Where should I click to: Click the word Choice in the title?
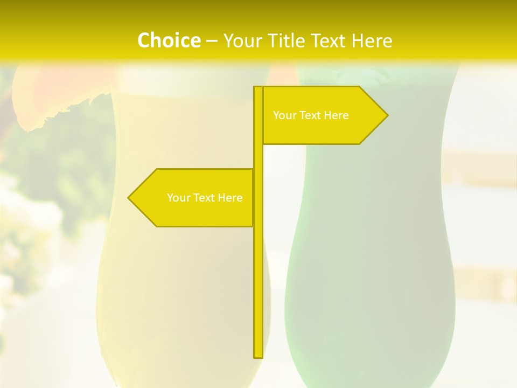(x=169, y=40)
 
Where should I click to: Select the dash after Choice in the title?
(x=212, y=41)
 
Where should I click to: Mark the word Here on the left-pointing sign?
(x=230, y=198)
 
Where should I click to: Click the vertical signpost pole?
(x=258, y=269)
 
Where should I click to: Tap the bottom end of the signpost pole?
(x=258, y=356)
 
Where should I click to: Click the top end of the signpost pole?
(x=258, y=88)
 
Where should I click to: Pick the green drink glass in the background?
(x=372, y=242)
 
